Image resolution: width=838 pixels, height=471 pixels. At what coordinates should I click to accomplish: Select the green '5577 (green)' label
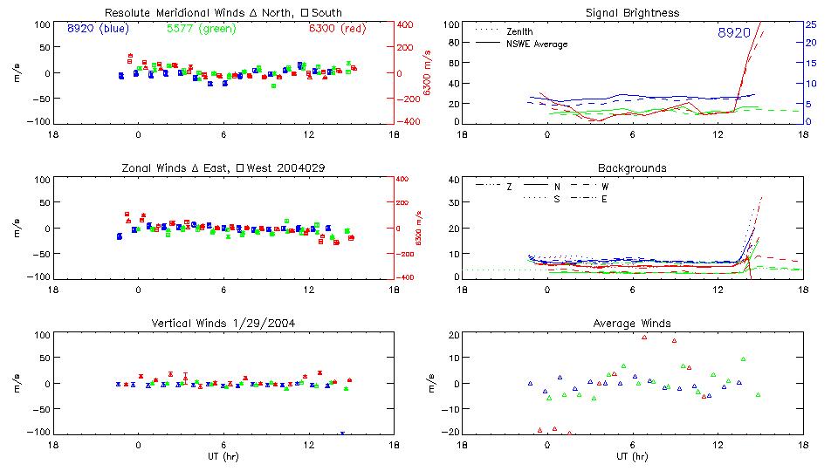(200, 28)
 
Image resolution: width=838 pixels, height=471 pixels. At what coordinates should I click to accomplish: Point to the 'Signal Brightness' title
(632, 12)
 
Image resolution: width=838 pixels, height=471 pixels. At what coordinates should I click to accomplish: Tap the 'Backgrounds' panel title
(632, 167)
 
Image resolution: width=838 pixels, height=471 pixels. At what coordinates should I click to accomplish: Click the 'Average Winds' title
(632, 323)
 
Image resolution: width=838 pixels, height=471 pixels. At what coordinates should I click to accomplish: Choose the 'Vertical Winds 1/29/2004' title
(223, 323)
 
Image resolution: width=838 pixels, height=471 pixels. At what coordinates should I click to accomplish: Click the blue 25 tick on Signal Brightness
(810, 24)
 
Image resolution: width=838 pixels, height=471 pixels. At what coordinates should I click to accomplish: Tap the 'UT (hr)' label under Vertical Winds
(223, 456)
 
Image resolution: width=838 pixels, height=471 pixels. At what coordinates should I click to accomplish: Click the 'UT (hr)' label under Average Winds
(632, 456)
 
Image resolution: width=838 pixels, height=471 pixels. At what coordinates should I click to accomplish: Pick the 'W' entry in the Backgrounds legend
(605, 187)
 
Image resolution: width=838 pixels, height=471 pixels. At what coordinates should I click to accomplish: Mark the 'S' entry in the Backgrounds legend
(557, 199)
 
